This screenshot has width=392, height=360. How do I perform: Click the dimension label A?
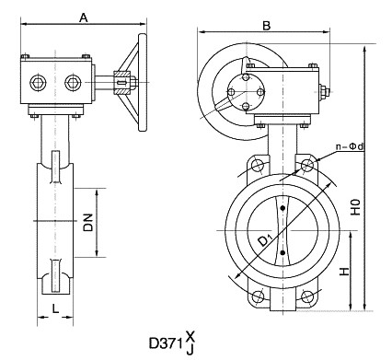coord(84,17)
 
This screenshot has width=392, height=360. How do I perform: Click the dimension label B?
coord(267,26)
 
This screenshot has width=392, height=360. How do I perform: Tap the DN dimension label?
coord(88,223)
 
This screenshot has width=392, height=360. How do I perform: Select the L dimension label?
coord(55,308)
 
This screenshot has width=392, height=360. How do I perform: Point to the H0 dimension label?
coord(355,207)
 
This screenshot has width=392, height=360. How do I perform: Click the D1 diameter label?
coord(265,238)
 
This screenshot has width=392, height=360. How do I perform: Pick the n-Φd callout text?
coord(349,147)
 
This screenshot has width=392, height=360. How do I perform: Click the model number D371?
coord(166,343)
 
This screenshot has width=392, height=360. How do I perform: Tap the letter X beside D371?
coord(190,336)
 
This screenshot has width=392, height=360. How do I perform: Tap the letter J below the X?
coord(190,350)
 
